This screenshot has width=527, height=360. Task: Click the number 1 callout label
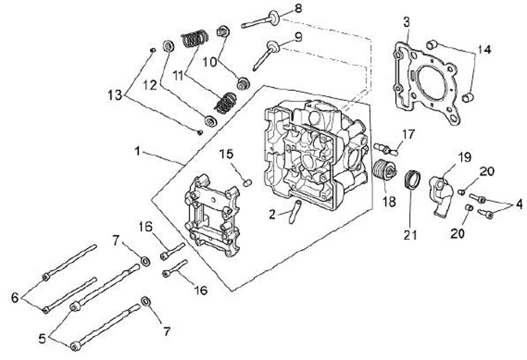tap(137, 151)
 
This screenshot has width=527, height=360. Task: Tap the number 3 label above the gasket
tap(407, 23)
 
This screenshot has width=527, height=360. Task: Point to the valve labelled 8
tap(261, 20)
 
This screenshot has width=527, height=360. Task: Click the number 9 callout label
tap(298, 37)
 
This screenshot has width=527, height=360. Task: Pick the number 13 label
tap(115, 95)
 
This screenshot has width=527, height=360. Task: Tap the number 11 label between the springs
tap(178, 76)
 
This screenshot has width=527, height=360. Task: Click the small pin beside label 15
tap(247, 182)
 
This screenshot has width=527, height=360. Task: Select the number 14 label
tap(484, 50)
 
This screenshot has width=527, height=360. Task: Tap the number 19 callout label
tap(465, 157)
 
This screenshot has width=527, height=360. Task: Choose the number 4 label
tap(519, 204)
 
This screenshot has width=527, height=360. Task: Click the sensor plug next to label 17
tap(386, 149)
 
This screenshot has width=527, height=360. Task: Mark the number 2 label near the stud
tap(272, 214)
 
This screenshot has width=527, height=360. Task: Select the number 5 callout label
tap(42, 339)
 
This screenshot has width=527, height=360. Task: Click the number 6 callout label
tap(15, 298)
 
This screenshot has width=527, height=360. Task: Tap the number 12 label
tap(150, 86)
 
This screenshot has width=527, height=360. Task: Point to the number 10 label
tap(209, 62)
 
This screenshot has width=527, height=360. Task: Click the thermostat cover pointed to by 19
tap(441, 195)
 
